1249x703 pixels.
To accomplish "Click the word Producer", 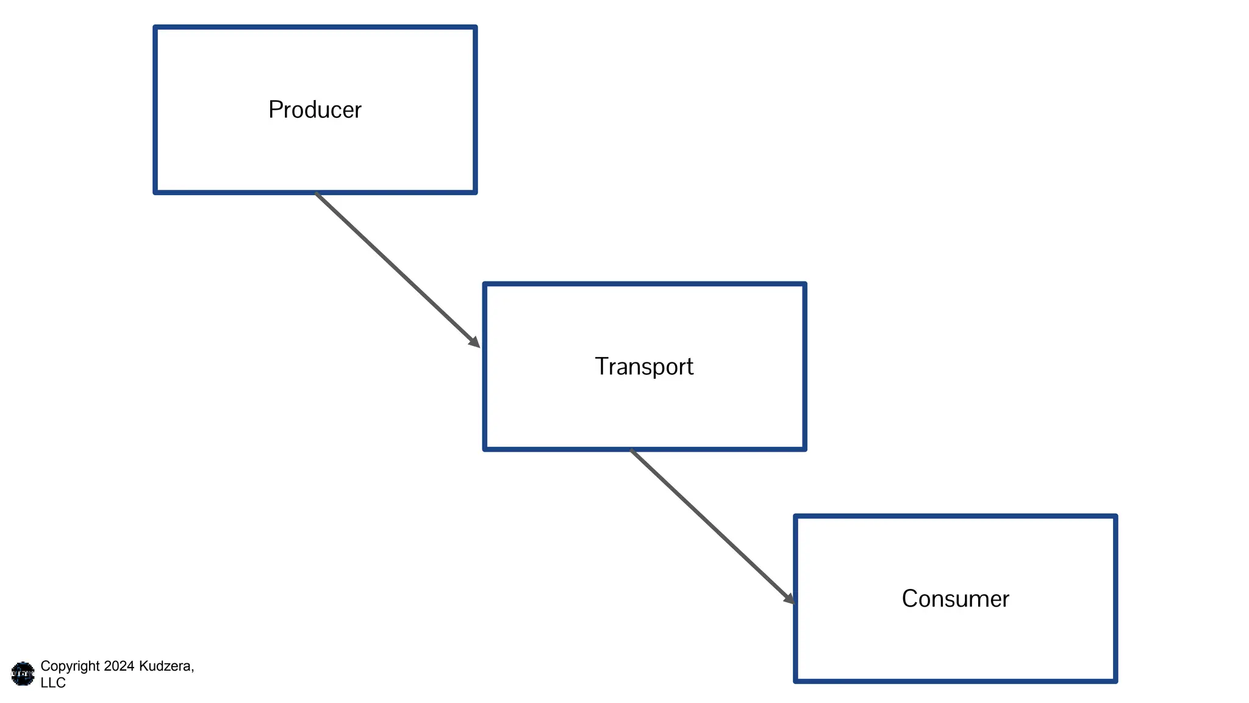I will [315, 110].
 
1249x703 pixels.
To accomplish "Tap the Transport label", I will [644, 367].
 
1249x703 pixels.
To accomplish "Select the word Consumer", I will [955, 599].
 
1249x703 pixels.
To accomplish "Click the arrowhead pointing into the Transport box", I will [475, 343].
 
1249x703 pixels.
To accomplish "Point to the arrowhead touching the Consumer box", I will [790, 599].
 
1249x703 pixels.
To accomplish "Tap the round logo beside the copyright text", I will [23, 674].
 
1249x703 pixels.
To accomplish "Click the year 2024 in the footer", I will [119, 666].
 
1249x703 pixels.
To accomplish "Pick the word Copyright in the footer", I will [70, 666].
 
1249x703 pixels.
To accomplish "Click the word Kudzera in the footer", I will [165, 666].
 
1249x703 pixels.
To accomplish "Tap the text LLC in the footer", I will [53, 683].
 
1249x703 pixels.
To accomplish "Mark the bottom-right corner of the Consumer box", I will [1115, 680].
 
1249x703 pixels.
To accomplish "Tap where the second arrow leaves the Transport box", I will [632, 450].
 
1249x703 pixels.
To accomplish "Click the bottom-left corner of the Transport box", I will [485, 449].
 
